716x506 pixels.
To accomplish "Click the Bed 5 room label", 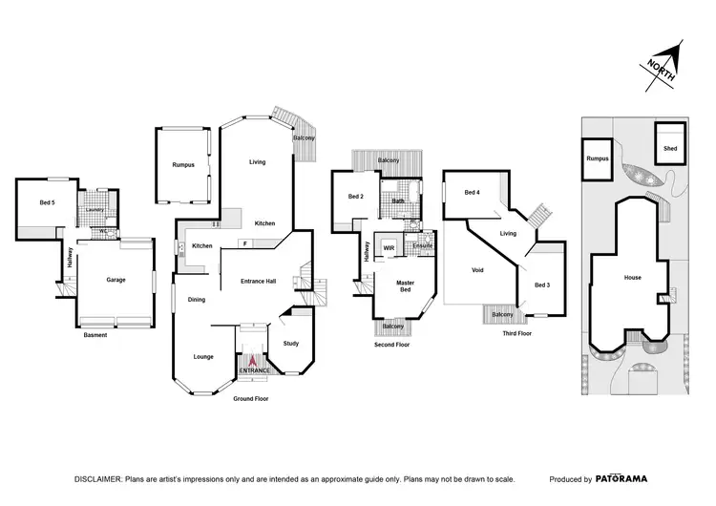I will coord(47,201).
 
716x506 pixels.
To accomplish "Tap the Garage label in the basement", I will coord(116,280).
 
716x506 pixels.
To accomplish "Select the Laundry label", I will coord(95,210).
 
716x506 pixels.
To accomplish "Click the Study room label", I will coord(290,345).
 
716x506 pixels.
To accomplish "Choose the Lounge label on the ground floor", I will coord(203,357).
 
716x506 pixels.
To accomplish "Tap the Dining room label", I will coord(196,298).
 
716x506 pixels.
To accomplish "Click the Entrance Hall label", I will coord(258,281).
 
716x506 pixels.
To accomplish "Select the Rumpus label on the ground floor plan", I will coord(183,165).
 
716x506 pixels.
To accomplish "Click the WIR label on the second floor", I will coord(389,247).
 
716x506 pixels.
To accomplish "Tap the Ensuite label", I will coord(423,245).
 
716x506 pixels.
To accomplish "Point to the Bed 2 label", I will coord(355,197).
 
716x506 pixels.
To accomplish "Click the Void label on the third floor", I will coord(477,270).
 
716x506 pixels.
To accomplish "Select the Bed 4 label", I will coord(471,193).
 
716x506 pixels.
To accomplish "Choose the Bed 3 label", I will coord(541,285).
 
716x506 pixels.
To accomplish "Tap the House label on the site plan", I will coord(632,278).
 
